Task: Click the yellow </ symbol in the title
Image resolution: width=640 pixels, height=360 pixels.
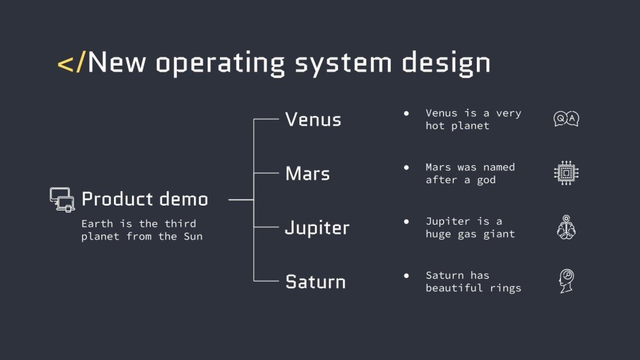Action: [x=72, y=63]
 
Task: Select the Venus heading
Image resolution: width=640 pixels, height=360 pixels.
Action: [x=313, y=120]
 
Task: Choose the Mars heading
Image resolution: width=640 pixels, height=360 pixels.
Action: [x=307, y=174]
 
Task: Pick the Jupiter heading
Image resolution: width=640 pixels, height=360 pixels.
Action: [x=317, y=228]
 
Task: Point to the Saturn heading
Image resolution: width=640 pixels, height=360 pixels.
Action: [x=316, y=281]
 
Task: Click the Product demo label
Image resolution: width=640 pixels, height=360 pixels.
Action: [x=145, y=199]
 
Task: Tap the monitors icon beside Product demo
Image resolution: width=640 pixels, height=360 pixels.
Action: [x=62, y=199]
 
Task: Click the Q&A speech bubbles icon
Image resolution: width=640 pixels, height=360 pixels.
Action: [x=566, y=120]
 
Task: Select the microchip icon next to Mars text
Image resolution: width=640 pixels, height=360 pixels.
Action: [x=566, y=174]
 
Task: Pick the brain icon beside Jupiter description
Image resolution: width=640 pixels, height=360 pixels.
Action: [x=566, y=227]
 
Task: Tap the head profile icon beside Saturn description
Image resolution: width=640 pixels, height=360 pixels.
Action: [x=566, y=281]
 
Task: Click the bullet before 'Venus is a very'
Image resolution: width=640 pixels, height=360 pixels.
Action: [x=406, y=113]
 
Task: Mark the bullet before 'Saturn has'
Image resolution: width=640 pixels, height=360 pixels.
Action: [x=406, y=275]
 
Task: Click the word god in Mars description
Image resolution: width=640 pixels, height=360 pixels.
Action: [x=486, y=180]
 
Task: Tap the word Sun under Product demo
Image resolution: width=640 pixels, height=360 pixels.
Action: [x=193, y=237]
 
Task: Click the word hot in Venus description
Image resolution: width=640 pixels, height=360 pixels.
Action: [x=434, y=126]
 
